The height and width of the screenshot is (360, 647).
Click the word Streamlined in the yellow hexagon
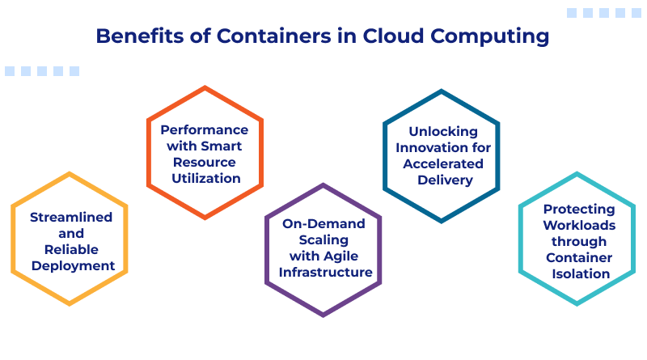click(x=71, y=217)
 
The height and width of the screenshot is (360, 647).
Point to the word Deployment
click(x=71, y=265)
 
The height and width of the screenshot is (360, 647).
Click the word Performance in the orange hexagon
click(x=204, y=129)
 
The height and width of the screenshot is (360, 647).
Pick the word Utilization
click(x=204, y=178)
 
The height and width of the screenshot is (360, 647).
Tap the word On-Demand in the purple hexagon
click(x=323, y=223)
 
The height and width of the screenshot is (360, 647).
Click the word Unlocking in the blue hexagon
click(x=443, y=131)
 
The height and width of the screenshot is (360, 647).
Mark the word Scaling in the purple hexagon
click(x=323, y=239)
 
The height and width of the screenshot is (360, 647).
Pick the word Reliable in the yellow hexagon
click(x=71, y=249)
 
